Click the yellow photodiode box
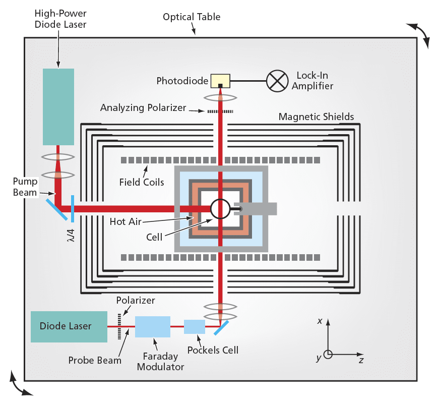coord(220,81)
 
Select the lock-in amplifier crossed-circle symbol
coord(276,81)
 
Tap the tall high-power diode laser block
coord(58,106)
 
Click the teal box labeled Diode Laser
coord(69,326)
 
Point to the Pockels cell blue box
coord(195,327)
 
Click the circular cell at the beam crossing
coord(220,208)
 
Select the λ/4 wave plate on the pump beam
coord(73,208)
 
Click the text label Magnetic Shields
coord(316,117)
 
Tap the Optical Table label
coord(192,17)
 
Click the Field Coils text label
coord(142,182)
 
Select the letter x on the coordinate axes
coord(320,321)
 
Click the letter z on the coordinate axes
coord(361,361)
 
